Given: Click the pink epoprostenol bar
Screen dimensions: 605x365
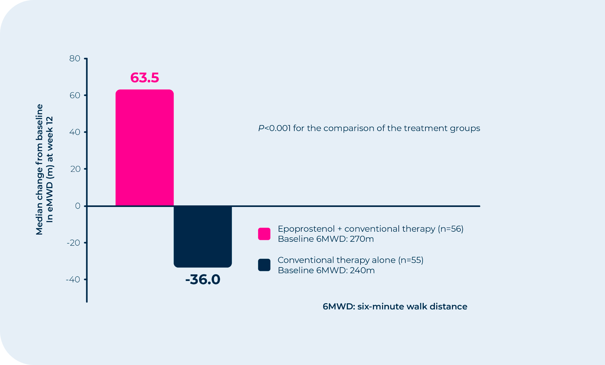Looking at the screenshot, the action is click(145, 148).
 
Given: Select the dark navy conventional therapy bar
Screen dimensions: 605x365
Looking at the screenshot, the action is click(203, 237).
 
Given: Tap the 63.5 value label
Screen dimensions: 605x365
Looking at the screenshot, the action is click(145, 77).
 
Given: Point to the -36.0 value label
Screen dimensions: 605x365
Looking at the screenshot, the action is click(203, 279).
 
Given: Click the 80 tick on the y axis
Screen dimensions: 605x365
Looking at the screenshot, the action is click(75, 59).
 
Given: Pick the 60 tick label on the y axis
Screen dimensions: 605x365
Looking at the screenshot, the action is click(75, 95).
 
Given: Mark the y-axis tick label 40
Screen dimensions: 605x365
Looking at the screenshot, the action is click(75, 132).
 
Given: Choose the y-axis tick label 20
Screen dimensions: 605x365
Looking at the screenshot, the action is click(75, 169).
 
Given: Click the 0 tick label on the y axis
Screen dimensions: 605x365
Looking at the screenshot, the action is click(78, 206).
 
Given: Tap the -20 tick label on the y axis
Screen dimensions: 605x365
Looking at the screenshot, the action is click(73, 243).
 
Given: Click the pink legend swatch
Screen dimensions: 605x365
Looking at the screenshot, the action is click(264, 234).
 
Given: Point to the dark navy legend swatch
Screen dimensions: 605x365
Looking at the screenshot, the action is click(264, 265).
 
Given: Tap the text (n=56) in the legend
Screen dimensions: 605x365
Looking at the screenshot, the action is click(450, 229).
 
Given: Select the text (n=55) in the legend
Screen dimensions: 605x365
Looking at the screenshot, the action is click(411, 260).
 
